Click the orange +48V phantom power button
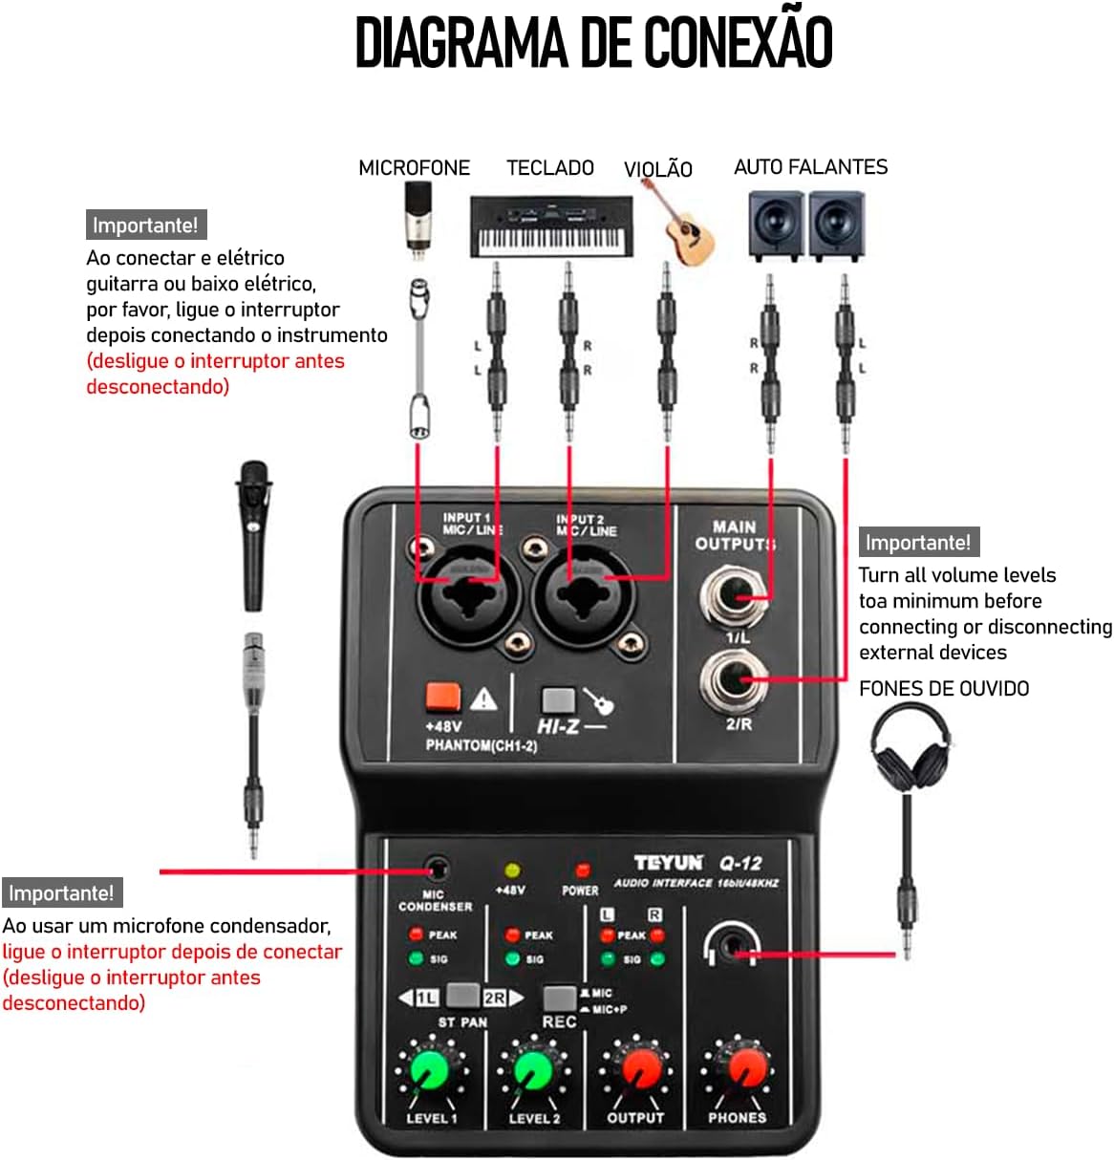tap(443, 697)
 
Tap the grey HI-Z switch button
tap(558, 699)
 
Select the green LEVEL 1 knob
tap(429, 1070)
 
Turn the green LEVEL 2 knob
tap(532, 1070)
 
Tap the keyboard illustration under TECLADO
tap(551, 226)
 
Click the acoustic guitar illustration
tap(684, 225)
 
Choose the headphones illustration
tap(910, 748)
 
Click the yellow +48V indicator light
tap(511, 870)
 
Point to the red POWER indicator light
tap(582, 870)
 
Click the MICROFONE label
tap(415, 167)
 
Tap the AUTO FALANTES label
tap(810, 166)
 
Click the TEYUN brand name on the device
tap(668, 863)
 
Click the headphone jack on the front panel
tap(732, 945)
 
